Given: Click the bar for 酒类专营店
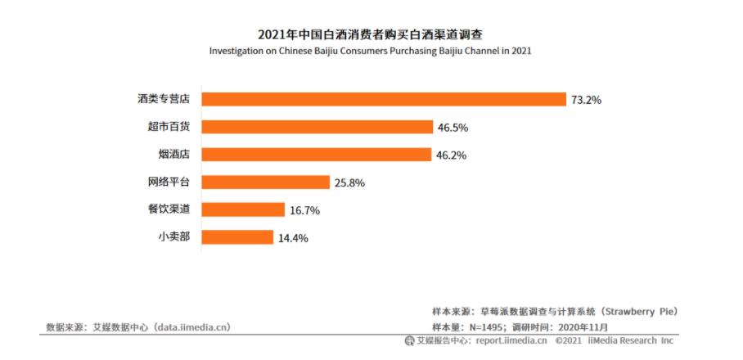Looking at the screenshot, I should coord(384,99).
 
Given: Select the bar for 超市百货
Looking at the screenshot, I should coord(317,127).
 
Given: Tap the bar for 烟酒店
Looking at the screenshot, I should coord(316,155).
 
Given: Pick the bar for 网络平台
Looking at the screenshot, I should coord(265,182).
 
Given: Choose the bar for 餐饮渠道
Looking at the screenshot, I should coord(242,209).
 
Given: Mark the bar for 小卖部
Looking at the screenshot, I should coord(236,237).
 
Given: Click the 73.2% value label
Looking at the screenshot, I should coord(588,100).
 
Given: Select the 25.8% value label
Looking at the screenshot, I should coord(349,182).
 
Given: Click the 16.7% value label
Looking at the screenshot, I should coord(304,210).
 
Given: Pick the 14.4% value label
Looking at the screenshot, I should coord(293,238).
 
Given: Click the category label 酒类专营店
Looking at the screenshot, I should coord(164,99).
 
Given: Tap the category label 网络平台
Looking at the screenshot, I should coord(169,182).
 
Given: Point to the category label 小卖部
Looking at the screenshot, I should coord(173,237).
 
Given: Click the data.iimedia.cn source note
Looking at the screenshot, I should coord(138,327).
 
